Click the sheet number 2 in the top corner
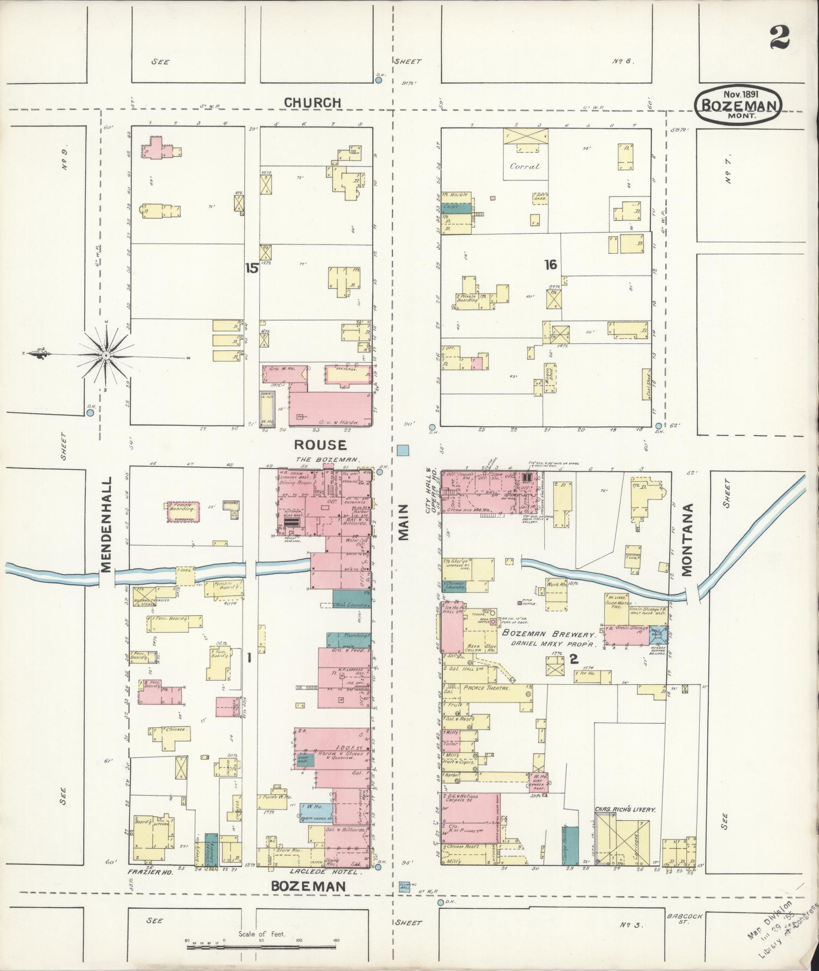(x=779, y=37)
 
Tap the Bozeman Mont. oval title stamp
(x=739, y=104)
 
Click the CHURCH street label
(x=312, y=103)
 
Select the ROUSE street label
(x=321, y=445)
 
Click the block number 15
(x=251, y=268)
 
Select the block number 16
(x=550, y=264)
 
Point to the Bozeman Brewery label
(x=548, y=634)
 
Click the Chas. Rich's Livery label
(x=625, y=810)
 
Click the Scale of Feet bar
(x=261, y=940)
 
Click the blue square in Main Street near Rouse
(x=403, y=450)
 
